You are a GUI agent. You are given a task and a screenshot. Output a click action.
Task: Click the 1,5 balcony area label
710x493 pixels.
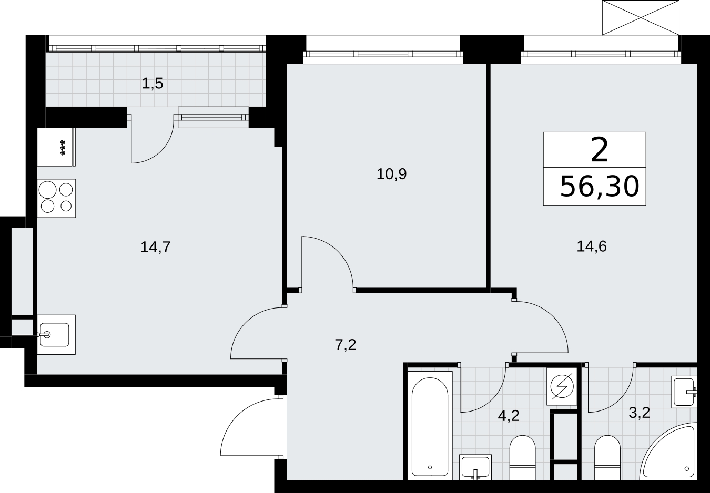(x=153, y=84)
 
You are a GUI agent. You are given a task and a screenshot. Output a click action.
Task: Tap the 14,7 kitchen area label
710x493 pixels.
(x=155, y=247)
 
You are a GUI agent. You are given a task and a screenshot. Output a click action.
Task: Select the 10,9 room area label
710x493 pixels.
(x=391, y=174)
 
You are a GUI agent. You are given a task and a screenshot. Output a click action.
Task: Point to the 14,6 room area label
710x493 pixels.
(x=592, y=246)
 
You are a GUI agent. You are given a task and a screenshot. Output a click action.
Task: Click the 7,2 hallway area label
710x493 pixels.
(x=346, y=345)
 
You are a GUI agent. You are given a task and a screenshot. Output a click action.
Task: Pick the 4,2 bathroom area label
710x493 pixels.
(x=509, y=416)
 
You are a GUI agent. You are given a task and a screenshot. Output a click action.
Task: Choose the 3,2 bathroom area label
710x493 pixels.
(x=640, y=413)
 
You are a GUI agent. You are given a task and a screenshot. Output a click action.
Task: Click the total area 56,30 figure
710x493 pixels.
(x=600, y=187)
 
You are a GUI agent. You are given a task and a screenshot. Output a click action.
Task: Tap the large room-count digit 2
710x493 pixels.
(x=600, y=150)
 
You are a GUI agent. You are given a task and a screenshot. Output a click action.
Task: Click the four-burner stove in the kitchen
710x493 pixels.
(x=56, y=198)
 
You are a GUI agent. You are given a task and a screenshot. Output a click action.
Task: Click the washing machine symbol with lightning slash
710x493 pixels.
(x=562, y=386)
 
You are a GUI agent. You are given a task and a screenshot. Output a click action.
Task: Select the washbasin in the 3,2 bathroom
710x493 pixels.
(x=684, y=392)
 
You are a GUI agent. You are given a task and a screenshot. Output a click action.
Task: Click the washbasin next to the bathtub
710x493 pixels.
(x=475, y=467)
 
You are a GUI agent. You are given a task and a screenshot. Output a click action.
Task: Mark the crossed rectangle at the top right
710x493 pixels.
(x=641, y=17)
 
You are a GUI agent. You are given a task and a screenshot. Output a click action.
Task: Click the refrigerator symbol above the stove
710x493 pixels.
(x=56, y=147)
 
